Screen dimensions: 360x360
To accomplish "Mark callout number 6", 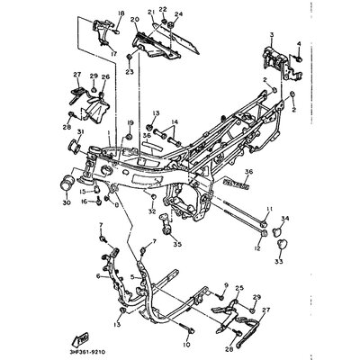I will [98, 276].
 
